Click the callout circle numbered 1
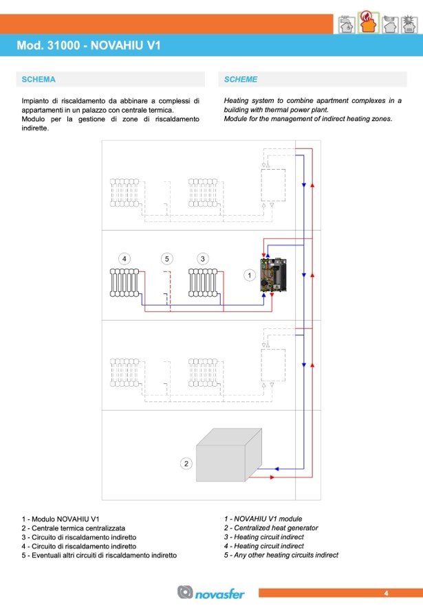[250, 275]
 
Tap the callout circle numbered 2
[186, 464]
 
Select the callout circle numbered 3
[202, 258]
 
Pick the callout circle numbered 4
[124, 258]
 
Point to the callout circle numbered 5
[166, 258]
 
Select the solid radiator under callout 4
[124, 282]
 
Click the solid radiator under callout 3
[203, 282]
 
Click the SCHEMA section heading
[39, 80]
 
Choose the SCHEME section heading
[241, 80]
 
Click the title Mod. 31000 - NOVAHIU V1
[89, 45]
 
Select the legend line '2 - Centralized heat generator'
[271, 528]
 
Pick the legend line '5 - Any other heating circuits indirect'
[281, 555]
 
